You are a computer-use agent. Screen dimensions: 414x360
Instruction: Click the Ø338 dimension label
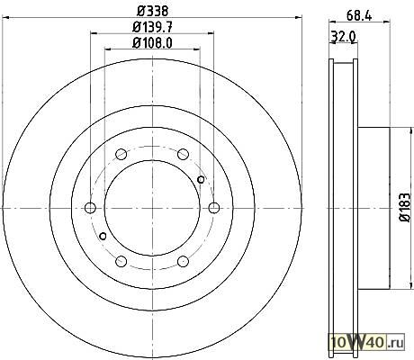tap(153, 11)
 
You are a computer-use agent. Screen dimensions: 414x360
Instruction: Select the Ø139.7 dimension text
tap(153, 28)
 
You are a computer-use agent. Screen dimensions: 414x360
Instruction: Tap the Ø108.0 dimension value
tap(153, 43)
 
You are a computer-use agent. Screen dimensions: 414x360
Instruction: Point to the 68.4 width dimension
tap(359, 15)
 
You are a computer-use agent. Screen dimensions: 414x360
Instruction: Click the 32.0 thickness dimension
tap(343, 37)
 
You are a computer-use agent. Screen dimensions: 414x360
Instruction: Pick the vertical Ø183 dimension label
tap(405, 207)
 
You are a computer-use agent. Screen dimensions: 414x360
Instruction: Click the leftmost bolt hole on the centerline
tap(90, 208)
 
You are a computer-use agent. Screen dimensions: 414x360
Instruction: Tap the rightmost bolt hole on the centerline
tap(214, 208)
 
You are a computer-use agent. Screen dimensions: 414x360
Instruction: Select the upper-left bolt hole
tap(121, 154)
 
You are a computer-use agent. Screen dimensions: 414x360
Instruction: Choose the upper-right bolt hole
tap(183, 154)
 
